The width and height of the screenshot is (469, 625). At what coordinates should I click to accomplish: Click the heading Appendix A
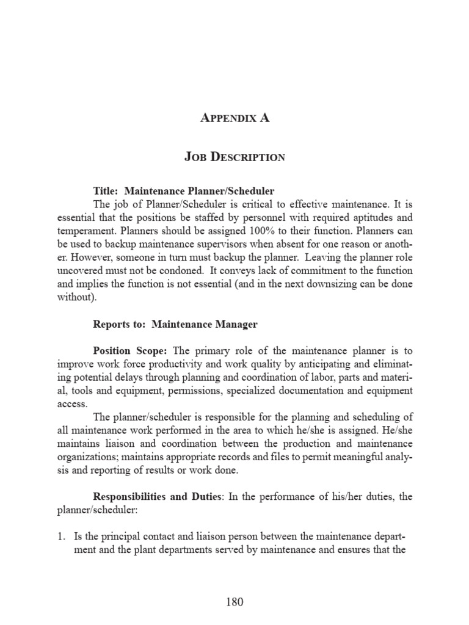coord(234,118)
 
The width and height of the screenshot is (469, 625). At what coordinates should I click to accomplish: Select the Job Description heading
coord(234,157)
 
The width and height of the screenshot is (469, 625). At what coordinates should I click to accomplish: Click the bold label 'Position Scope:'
coord(131,351)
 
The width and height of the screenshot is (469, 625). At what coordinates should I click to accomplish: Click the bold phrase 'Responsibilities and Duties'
coord(157,497)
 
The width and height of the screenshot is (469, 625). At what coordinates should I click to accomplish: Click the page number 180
coord(234,602)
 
